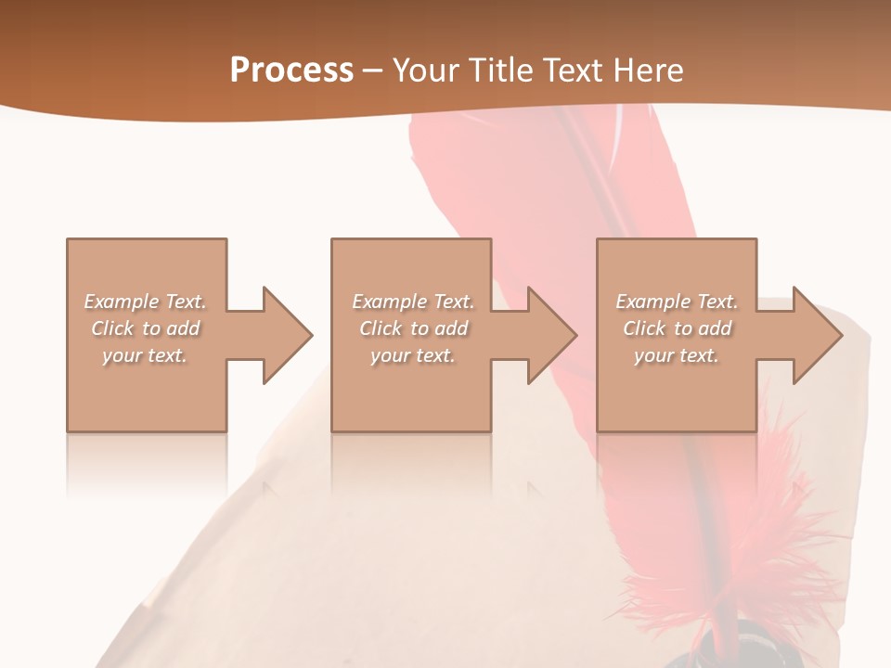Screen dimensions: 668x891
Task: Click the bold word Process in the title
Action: coord(291,71)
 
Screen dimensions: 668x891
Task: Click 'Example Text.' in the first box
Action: coord(146,302)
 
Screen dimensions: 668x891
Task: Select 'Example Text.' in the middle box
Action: coord(413,302)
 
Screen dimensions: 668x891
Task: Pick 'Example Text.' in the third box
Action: coord(677,302)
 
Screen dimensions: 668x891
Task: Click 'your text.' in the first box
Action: coord(145,355)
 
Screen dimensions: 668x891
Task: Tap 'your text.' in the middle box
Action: coord(413,355)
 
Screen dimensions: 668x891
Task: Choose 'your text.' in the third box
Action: coord(677,355)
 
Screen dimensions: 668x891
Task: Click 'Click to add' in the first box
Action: coord(146,328)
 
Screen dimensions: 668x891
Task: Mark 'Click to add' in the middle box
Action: coord(413,328)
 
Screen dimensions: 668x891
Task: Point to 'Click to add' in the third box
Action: coord(677,328)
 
